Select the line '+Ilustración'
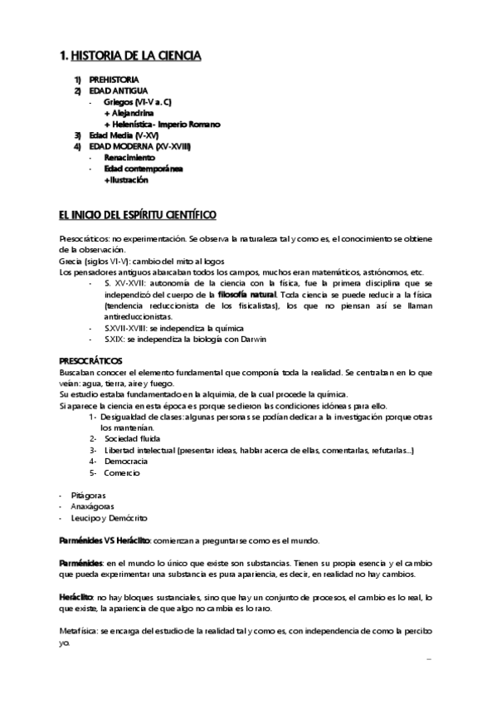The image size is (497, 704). click(x=126, y=179)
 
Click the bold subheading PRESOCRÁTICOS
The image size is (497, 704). click(x=91, y=361)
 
